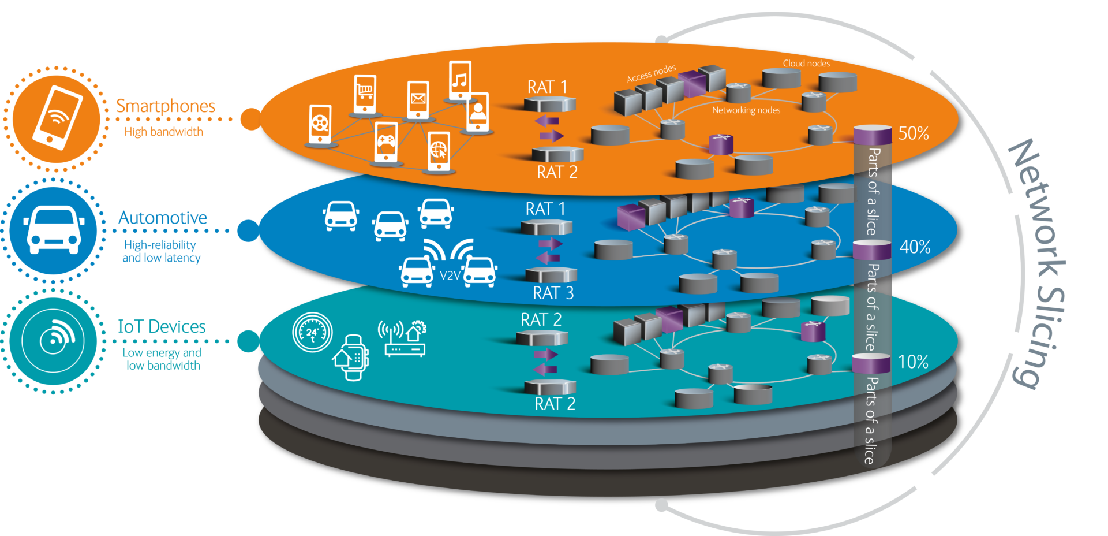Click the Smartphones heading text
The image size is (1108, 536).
click(166, 106)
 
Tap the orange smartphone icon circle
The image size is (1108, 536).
click(56, 118)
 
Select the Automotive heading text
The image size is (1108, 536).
click(163, 218)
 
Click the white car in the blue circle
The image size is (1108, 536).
click(54, 230)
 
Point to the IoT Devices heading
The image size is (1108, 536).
click(162, 326)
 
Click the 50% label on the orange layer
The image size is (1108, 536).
click(914, 133)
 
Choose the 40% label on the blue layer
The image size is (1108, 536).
click(915, 247)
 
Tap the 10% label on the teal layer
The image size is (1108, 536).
click(914, 362)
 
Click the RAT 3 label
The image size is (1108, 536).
click(553, 293)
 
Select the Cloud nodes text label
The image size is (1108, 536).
click(806, 64)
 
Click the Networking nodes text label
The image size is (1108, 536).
click(746, 110)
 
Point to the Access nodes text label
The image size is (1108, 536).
click(651, 74)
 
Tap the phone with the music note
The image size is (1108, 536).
click(460, 81)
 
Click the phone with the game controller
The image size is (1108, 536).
click(386, 142)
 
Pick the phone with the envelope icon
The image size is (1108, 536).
click(418, 100)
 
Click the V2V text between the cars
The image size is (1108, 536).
click(450, 276)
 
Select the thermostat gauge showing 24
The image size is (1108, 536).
click(312, 332)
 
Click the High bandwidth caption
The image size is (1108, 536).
click(163, 132)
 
